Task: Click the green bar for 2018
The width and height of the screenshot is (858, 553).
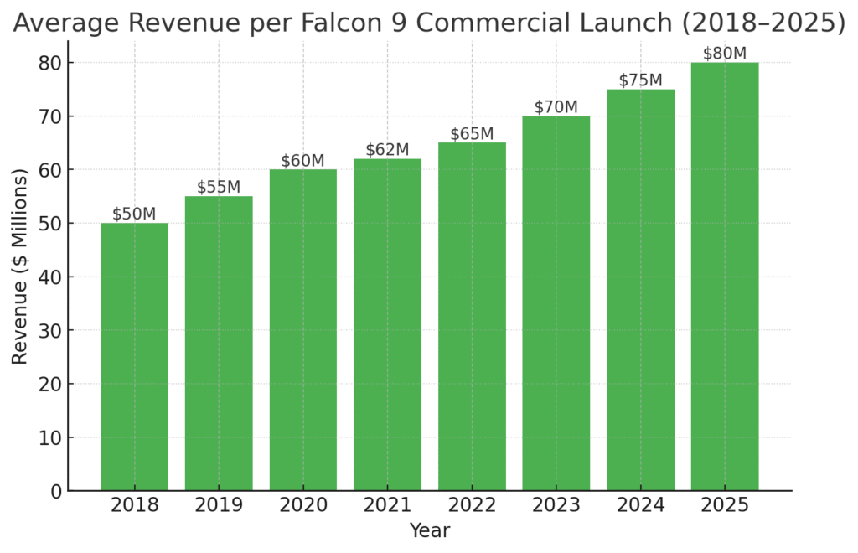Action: coord(134,356)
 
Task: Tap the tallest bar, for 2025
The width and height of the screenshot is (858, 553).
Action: coord(724,276)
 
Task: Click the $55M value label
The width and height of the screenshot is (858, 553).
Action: coord(219,187)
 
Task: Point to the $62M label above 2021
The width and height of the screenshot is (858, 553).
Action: coord(387,150)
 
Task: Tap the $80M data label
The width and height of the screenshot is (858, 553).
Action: coord(724,54)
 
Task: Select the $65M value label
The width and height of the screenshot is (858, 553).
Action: coord(472,134)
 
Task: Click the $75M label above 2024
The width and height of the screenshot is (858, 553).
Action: coord(640,80)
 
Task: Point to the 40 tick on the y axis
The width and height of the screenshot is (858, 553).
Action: coord(51,277)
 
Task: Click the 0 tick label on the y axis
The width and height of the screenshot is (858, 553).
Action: coord(56,491)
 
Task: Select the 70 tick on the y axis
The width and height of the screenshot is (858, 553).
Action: coord(51,116)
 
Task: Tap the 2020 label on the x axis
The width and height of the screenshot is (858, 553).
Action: coord(302,506)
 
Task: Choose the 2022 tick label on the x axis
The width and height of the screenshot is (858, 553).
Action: coord(472,506)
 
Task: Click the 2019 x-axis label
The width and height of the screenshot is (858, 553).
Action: coord(219,506)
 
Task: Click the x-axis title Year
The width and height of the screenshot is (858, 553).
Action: coord(429,531)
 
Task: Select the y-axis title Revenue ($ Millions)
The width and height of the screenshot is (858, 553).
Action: coord(20,266)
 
